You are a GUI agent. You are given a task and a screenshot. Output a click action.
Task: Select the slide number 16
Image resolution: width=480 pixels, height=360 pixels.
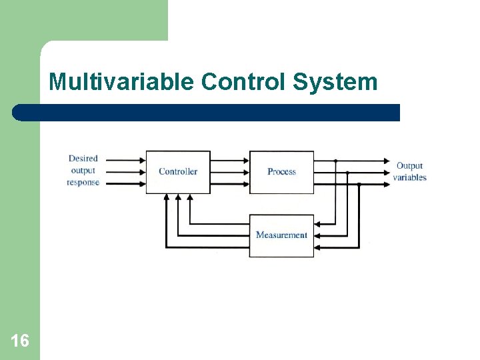click(x=20, y=341)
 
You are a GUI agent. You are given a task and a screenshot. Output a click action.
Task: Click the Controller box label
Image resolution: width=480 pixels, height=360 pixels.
click(x=178, y=171)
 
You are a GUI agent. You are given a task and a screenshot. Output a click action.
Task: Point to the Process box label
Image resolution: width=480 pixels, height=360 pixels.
click(x=281, y=171)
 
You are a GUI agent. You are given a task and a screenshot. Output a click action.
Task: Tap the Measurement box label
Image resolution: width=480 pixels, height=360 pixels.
click(x=281, y=235)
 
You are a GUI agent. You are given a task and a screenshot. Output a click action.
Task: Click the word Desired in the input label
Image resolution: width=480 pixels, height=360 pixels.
click(x=83, y=159)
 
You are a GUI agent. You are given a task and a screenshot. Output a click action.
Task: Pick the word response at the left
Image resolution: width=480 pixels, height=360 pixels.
click(x=83, y=183)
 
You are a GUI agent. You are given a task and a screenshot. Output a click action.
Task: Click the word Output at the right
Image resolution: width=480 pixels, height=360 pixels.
click(x=409, y=165)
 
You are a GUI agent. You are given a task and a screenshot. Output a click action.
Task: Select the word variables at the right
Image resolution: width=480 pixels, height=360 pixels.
click(x=409, y=177)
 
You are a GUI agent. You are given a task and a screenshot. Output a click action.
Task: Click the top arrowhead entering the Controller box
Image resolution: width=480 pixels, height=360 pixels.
click(x=141, y=161)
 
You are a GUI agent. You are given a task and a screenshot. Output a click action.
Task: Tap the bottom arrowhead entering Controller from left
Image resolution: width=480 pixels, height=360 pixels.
click(x=141, y=183)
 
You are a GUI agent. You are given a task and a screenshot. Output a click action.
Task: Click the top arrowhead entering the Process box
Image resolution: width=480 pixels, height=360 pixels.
click(x=245, y=161)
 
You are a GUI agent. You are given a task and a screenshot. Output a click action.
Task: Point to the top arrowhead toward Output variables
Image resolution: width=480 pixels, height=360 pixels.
click(x=386, y=161)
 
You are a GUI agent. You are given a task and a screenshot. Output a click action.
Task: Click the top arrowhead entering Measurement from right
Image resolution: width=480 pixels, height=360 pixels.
click(x=318, y=224)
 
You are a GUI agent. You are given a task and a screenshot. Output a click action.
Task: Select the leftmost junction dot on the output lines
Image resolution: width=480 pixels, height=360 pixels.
click(x=335, y=161)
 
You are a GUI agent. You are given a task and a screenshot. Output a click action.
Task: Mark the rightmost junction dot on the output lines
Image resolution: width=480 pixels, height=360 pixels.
click(x=359, y=184)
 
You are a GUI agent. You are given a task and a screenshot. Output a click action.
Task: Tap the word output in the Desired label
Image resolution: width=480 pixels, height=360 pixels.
click(x=83, y=171)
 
